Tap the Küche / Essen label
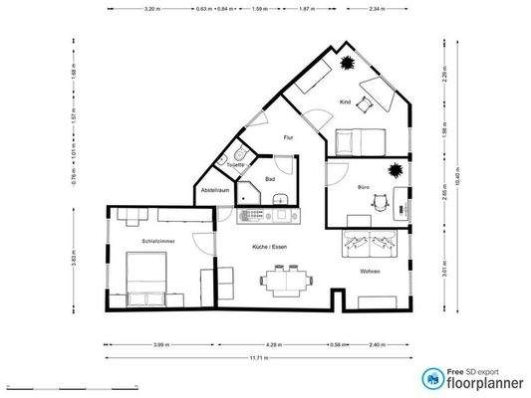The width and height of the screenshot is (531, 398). pyautogui.click(x=272, y=246)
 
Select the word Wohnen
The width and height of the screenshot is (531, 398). pyautogui.click(x=371, y=271)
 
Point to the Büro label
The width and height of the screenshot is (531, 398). pyautogui.click(x=365, y=186)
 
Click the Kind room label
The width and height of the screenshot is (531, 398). pyautogui.click(x=346, y=102)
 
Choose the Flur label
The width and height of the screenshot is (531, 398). pyautogui.click(x=288, y=137)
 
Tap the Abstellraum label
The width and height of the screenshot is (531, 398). pyautogui.click(x=215, y=189)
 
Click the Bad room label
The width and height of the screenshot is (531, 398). pyautogui.click(x=269, y=179)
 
